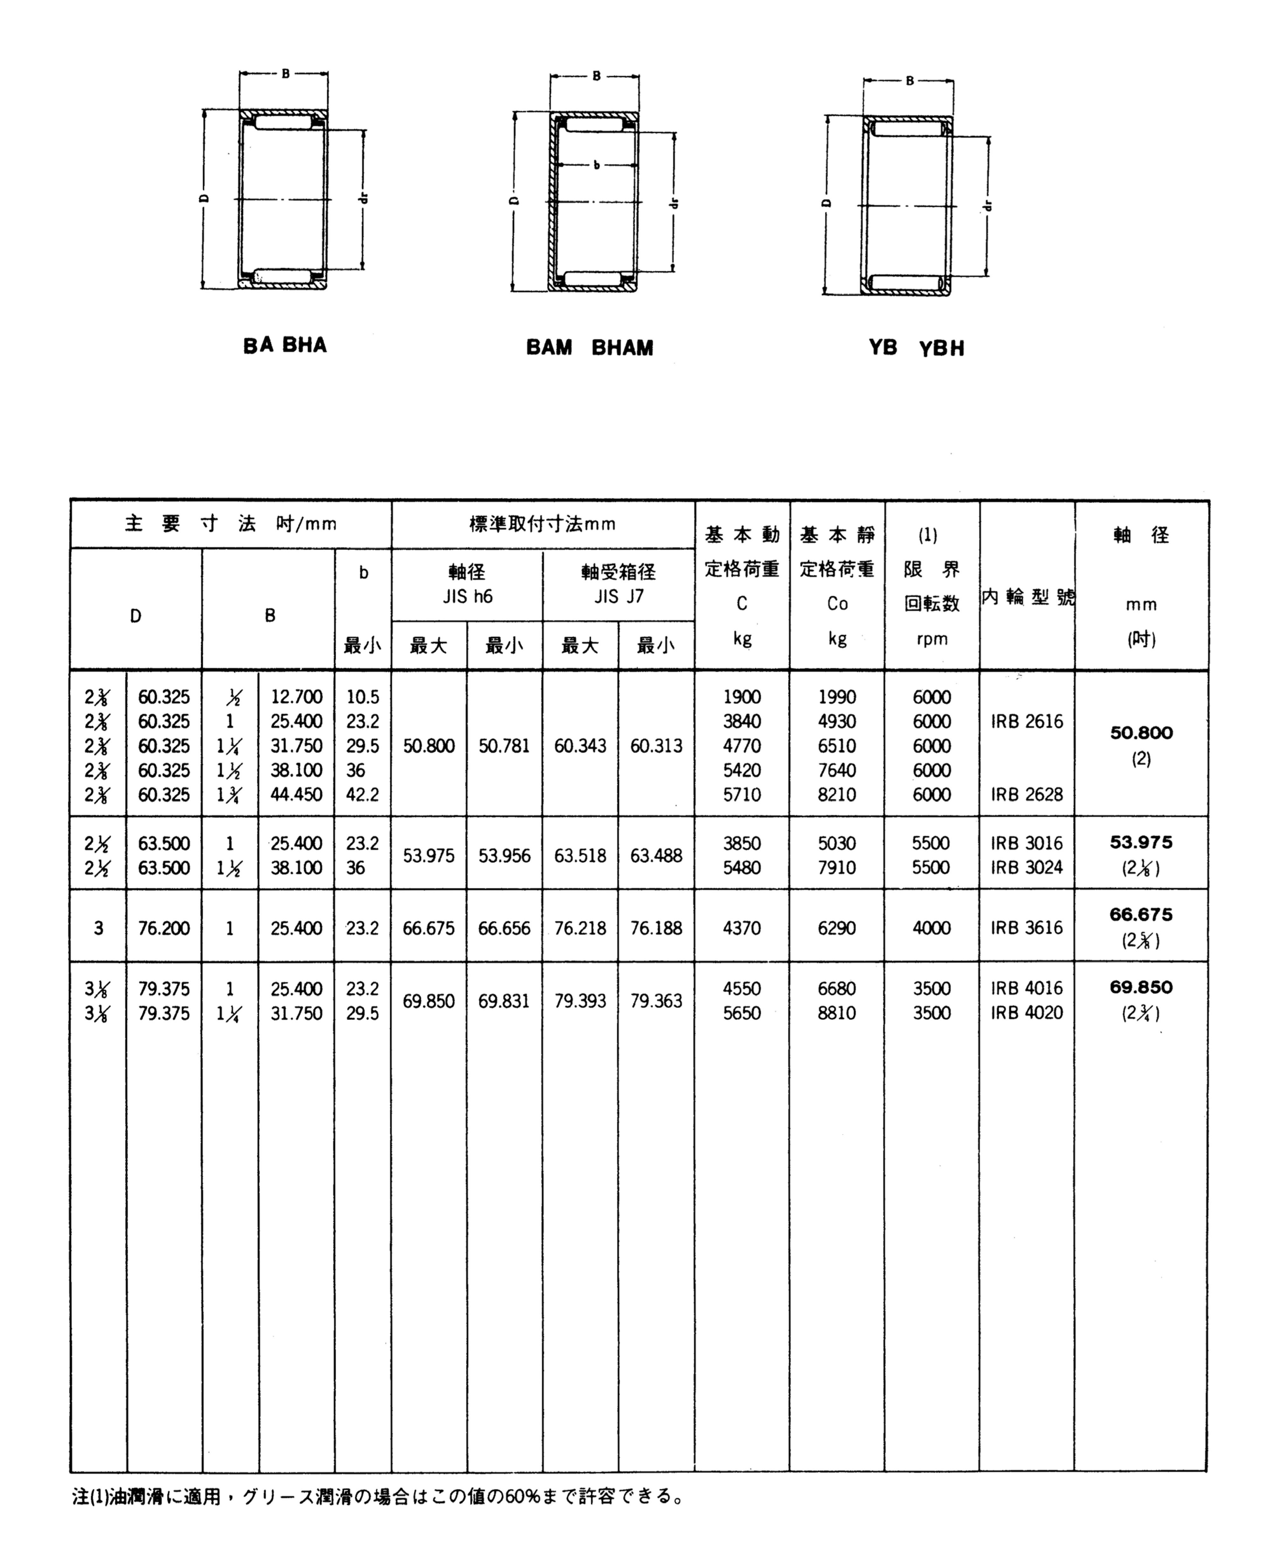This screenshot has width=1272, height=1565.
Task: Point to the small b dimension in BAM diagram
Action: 596,165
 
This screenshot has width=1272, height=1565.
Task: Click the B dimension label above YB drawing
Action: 909,80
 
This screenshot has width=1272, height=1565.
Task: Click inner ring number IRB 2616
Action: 1026,722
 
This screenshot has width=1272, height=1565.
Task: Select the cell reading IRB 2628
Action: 1026,794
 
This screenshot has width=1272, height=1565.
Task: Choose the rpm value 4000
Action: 931,928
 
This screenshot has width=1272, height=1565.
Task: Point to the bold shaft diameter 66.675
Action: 1141,914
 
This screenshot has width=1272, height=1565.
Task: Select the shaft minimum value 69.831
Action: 504,1001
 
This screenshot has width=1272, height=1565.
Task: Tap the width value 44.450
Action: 296,794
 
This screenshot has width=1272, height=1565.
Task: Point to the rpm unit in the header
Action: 931,639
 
